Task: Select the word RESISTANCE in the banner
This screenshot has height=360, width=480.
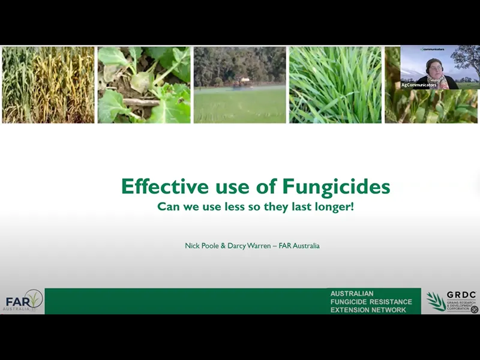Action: click(x=391, y=301)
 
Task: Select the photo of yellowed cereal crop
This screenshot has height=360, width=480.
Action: click(x=48, y=85)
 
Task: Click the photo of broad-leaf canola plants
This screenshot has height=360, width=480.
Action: click(x=143, y=85)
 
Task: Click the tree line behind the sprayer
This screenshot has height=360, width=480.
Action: click(x=239, y=63)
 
